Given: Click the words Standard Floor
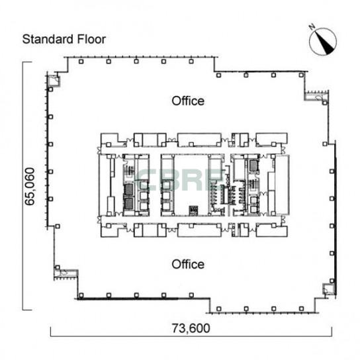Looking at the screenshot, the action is [64, 39].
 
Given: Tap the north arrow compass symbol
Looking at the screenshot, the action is [323, 42].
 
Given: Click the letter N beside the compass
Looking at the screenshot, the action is [312, 27].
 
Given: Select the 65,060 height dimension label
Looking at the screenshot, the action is [30, 187].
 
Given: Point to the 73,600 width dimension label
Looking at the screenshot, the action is [191, 328].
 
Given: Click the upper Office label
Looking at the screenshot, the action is [188, 101].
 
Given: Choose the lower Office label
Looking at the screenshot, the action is [188, 264].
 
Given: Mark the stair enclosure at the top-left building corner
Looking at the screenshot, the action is [54, 80].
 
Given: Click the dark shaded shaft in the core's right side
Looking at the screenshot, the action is [253, 165].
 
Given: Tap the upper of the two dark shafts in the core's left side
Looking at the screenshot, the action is [128, 189].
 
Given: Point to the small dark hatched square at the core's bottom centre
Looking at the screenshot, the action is [193, 210].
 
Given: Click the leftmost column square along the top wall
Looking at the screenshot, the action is [81, 62].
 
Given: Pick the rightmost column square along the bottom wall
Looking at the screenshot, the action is [301, 309].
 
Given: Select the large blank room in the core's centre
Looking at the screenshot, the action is [191, 184].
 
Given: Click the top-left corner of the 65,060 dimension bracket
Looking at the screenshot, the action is [22, 62].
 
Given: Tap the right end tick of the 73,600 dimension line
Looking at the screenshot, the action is [332, 332].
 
